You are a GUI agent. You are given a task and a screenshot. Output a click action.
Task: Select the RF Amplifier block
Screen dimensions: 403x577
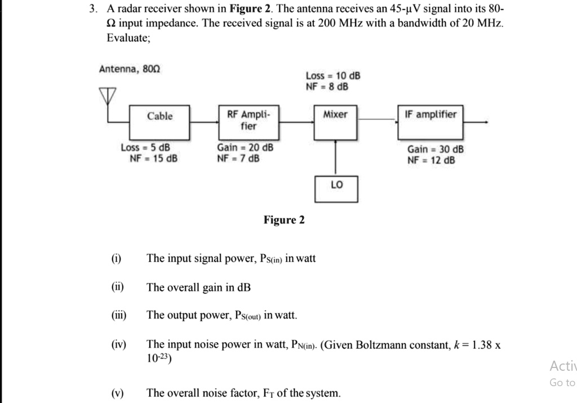[x=248, y=121]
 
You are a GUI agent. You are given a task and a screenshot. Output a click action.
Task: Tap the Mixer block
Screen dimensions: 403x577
[x=336, y=121]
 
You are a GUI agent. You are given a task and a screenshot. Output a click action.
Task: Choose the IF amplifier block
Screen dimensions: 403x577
[x=430, y=121]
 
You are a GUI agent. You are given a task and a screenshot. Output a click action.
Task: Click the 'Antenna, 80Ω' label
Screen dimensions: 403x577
[x=130, y=69]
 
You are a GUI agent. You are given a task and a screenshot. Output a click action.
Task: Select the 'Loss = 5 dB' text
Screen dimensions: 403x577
[x=145, y=148]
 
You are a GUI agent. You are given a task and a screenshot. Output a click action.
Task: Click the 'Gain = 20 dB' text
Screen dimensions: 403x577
[x=245, y=148]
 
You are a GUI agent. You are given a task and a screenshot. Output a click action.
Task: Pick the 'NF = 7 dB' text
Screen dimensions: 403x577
[x=238, y=159]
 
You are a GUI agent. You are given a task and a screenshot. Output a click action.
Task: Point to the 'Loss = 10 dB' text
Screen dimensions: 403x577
[x=333, y=76]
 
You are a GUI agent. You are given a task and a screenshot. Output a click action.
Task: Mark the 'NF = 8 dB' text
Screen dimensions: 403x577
[x=327, y=87]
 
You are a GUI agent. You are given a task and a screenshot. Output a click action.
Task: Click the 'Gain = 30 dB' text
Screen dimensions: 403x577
[x=436, y=149]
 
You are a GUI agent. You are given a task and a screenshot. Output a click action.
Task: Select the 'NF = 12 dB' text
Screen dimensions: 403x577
[x=431, y=160]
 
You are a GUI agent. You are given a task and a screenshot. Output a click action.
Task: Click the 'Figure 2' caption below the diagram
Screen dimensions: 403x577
[x=284, y=220]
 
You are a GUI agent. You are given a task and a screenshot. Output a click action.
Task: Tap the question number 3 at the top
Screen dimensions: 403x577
[x=96, y=9]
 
